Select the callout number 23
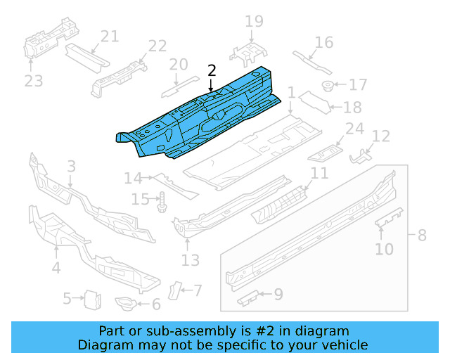34,81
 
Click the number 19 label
254,22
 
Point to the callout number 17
358,85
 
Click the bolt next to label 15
161,202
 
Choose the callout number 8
422,235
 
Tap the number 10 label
385,249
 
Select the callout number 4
56,267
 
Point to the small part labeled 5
91,299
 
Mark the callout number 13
191,261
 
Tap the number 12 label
380,136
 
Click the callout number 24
354,128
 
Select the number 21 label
109,37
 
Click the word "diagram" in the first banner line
325,331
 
